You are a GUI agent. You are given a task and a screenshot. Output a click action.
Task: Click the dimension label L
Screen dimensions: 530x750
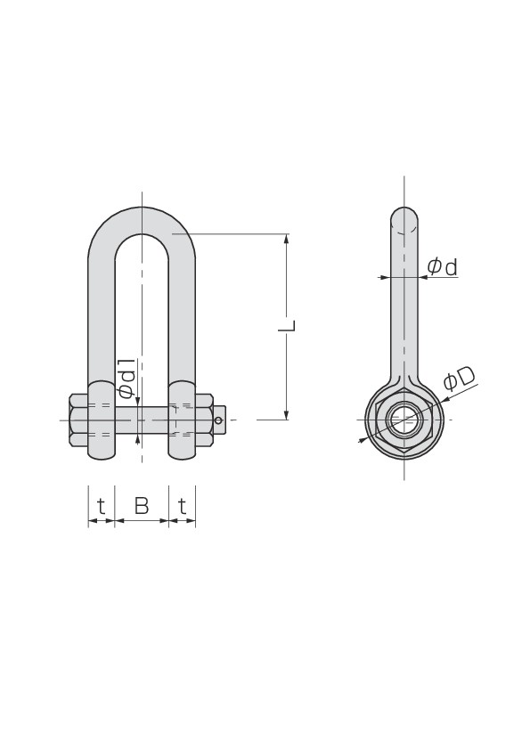[x=287, y=325]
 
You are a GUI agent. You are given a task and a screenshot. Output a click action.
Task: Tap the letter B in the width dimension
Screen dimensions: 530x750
[x=142, y=506]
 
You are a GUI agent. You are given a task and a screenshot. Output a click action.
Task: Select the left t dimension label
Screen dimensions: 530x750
[x=101, y=506]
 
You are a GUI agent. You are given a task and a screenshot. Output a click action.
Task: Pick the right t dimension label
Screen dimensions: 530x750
[x=182, y=506]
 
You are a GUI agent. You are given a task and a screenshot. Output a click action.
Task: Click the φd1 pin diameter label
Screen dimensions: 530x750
[x=126, y=378]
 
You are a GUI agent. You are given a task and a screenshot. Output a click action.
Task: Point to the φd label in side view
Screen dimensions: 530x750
[x=443, y=267]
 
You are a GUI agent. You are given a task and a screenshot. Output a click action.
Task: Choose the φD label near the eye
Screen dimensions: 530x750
[x=459, y=379]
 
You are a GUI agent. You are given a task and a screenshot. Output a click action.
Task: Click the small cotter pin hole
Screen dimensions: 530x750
[x=218, y=420]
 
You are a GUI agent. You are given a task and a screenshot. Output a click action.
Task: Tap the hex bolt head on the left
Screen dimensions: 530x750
[x=79, y=420]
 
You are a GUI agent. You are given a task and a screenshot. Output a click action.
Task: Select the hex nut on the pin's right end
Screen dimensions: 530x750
[x=204, y=420]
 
